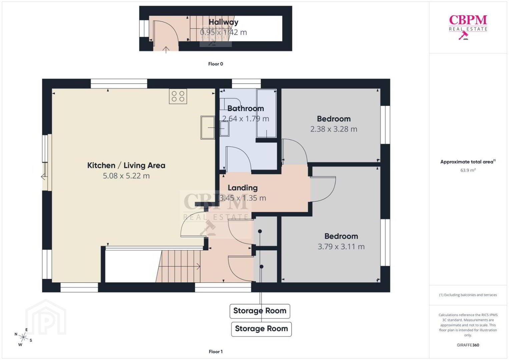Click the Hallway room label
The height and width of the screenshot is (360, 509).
pos(223,22)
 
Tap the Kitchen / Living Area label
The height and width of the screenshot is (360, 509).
pos(126,165)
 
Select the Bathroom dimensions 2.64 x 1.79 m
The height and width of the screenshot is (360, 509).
pos(245,119)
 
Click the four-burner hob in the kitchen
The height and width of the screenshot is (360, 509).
pos(178,96)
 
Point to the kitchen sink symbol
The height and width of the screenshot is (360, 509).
pos(208,128)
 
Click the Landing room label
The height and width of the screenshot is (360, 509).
pos(243,188)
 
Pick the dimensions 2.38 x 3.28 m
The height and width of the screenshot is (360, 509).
pos(334,129)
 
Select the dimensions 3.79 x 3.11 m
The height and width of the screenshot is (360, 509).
pos(341,246)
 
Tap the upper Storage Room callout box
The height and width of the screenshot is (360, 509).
pos(260,311)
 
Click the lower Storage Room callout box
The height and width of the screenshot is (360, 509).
pos(261,329)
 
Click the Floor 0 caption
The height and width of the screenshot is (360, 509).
pos(216,64)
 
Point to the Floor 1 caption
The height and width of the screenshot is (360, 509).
pos(216,352)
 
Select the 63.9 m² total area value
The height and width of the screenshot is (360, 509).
pos(468,170)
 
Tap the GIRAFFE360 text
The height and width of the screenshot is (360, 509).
pos(468,345)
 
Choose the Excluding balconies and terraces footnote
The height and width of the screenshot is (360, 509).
pos(468,295)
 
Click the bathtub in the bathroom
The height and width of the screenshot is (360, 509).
pos(267,113)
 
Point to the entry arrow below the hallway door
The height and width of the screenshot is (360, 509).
pos(166,50)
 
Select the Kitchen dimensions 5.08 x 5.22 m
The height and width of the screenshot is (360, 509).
pos(126,176)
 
